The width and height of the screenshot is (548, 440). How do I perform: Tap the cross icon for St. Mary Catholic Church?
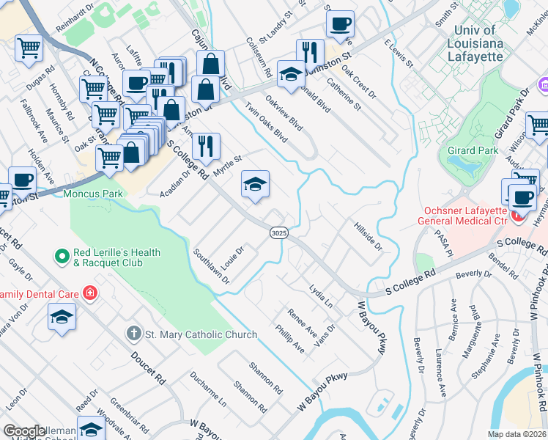pyautogui.click(x=133, y=334)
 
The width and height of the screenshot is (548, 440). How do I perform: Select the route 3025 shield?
pyautogui.click(x=278, y=232)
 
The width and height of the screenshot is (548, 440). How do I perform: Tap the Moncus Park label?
pyautogui.click(x=93, y=194)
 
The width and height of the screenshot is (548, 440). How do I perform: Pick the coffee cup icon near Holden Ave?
pyautogui.click(x=22, y=180)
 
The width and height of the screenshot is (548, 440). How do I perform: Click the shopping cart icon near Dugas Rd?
pyautogui.click(x=29, y=48)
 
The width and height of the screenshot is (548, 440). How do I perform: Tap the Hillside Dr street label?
pyautogui.click(x=368, y=236)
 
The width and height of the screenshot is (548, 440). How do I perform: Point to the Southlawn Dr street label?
pyautogui.click(x=212, y=265)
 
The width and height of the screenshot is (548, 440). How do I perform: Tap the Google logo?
pyautogui.click(x=24, y=431)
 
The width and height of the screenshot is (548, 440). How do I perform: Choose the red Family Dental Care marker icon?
pyautogui.click(x=90, y=294)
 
